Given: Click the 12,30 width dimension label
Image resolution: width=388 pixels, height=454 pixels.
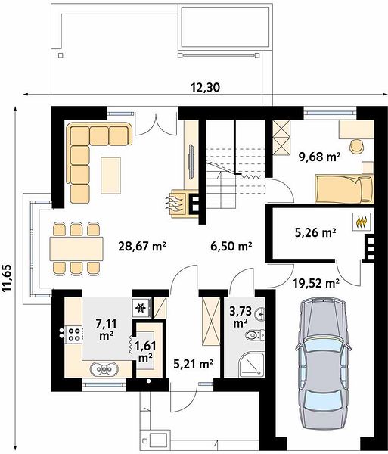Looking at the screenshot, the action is coord(205,87).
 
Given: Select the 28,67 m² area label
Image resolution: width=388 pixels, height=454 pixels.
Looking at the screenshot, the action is coord(142,247).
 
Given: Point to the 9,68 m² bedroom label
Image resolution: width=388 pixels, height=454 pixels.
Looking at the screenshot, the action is coord(319,157).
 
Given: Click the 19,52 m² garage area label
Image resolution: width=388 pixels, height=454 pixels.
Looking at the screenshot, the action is coord(315,283).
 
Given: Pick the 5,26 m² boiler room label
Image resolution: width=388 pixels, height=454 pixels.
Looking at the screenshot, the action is coord(315,232).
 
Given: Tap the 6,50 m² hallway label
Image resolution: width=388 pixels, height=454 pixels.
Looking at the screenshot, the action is coord(231,247).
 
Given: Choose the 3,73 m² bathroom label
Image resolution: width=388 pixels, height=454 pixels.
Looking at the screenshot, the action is coord(241,317).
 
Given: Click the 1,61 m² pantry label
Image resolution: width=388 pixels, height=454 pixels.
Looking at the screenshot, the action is coord(146,352).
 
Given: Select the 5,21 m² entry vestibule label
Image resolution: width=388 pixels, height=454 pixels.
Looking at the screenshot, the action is coord(194,363).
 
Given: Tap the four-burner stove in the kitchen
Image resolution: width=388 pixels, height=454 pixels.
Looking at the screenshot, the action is coord(74,334).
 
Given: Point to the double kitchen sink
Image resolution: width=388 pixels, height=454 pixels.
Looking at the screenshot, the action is coord(104,369).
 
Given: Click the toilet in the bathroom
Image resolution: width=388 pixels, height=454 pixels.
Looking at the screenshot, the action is coord(255,335).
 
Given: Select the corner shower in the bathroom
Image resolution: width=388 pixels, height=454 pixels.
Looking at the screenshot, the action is coord(252,365).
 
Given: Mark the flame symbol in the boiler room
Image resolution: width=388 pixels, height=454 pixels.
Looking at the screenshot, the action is coord(361,222).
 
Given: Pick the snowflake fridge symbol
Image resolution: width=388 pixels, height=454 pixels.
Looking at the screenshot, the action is coord(141,308).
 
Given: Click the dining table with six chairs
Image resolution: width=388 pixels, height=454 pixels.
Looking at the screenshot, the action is coord(76,248).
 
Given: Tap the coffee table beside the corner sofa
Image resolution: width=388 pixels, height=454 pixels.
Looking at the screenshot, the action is coord(110,176).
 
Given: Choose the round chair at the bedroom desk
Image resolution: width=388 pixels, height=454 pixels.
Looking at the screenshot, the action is coord(357,146).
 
